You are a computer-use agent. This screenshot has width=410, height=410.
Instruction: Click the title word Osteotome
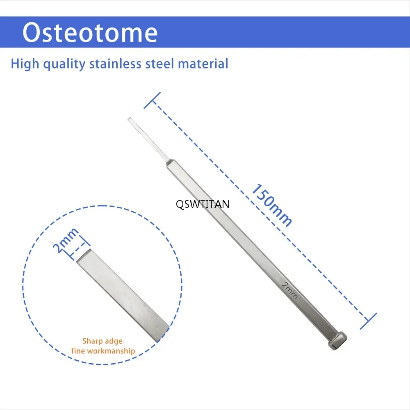[90, 32]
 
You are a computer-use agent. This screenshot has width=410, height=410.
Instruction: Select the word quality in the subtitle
[64, 64]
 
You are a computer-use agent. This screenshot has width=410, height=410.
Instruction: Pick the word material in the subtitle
[203, 64]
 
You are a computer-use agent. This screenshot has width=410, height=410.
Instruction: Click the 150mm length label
[271, 205]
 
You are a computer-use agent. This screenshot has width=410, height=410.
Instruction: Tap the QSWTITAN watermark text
[203, 204]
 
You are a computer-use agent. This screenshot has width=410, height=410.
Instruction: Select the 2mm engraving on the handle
[289, 291]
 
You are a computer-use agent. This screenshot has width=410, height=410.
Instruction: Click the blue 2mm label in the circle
[65, 241]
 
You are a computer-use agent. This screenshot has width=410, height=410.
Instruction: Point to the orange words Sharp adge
[102, 341]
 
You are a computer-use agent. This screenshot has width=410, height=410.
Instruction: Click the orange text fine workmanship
[103, 351]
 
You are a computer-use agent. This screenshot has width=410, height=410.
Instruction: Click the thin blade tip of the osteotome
[129, 119]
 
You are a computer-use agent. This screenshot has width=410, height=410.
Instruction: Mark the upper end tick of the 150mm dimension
[152, 100]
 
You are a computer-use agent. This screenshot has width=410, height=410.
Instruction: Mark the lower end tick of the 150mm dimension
[369, 321]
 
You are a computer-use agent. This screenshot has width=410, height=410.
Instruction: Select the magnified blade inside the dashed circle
[123, 296]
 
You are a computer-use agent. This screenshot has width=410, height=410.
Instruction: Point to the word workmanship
[111, 351]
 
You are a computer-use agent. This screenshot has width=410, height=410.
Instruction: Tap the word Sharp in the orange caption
[92, 341]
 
